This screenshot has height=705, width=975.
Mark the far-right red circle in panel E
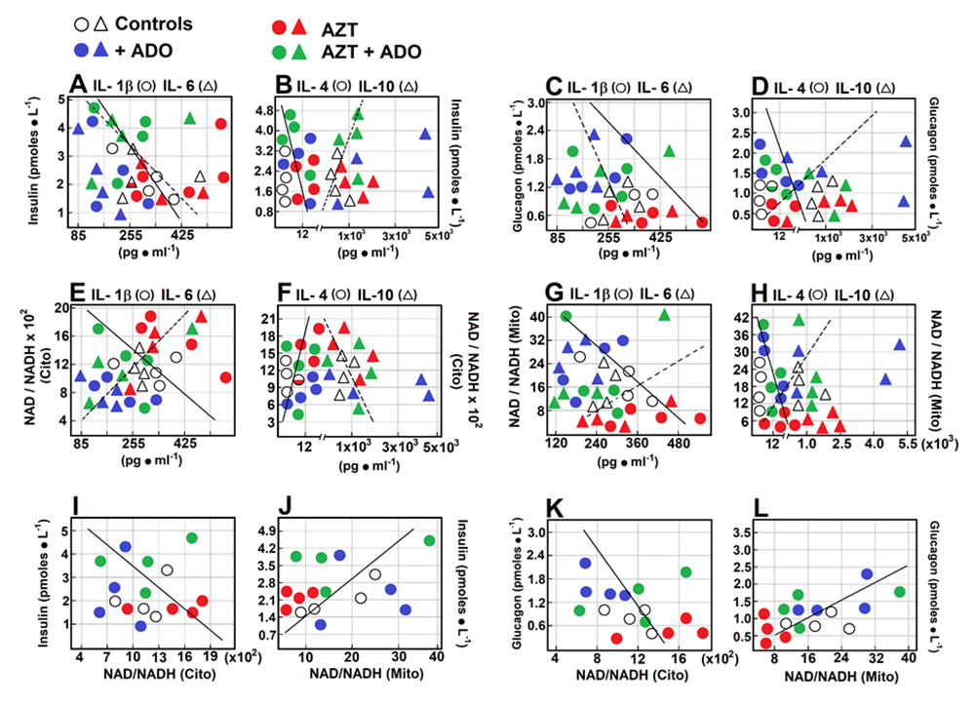[227, 377]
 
